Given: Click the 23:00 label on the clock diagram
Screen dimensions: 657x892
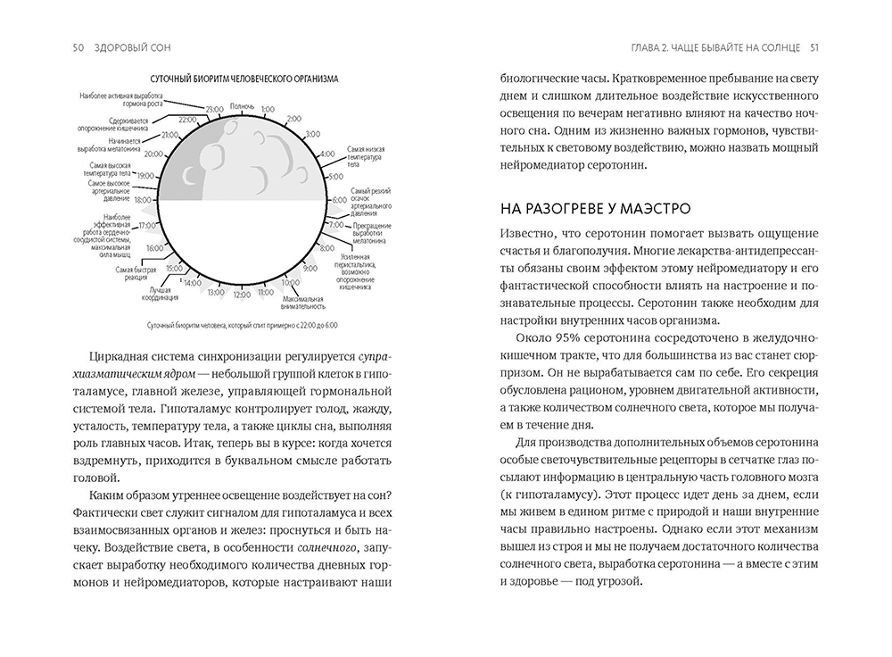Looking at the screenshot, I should pos(213,110).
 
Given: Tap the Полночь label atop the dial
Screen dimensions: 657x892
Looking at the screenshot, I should pos(243,105).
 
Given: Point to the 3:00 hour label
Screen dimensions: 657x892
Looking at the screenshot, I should pos(312,134).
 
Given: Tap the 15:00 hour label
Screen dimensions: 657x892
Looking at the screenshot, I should pos(174,269).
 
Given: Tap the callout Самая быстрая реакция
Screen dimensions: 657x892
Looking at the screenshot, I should pos(136,272).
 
